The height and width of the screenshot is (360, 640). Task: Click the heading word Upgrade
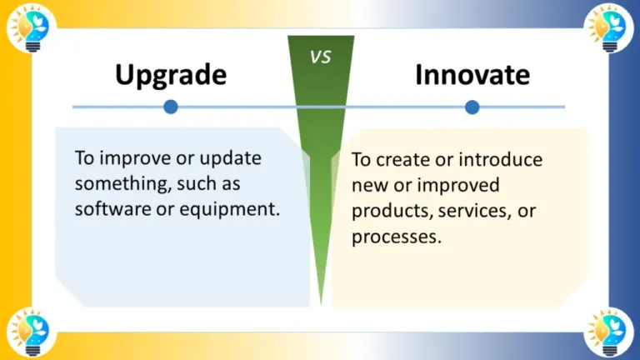point(171,75)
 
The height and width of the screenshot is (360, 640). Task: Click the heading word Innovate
point(472,75)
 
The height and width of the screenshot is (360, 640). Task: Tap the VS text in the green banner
point(321,57)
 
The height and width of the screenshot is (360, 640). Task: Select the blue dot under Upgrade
point(171,107)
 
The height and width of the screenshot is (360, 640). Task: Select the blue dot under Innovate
point(472,107)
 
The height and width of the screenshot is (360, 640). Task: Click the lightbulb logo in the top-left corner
point(28,28)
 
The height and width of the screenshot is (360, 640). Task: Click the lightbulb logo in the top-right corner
point(610,28)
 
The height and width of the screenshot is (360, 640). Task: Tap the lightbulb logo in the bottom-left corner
point(28,332)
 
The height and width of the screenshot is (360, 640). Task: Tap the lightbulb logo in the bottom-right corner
point(610,332)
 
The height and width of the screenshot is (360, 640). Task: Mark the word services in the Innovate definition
point(472,211)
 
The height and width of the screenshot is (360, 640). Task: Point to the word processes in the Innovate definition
point(392,237)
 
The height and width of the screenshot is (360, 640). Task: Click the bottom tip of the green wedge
point(322,302)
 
